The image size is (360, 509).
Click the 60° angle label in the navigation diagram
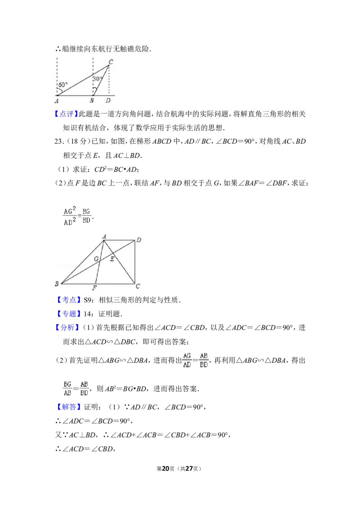(63, 85)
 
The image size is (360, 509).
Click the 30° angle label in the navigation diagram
(98, 79)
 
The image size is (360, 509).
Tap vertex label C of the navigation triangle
(111, 62)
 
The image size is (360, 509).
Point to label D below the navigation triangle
(108, 100)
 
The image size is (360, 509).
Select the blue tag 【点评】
(66, 114)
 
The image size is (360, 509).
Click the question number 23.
(59, 142)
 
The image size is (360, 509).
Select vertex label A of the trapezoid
(104, 237)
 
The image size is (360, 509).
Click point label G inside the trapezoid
(96, 259)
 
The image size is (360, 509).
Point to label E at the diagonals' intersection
(112, 259)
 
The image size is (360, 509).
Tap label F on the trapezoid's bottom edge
(94, 288)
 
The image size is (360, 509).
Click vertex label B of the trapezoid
(57, 283)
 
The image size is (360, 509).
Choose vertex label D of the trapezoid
(139, 240)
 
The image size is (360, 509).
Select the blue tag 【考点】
(66, 300)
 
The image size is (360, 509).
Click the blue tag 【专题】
(66, 314)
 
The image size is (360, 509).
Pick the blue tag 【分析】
(66, 327)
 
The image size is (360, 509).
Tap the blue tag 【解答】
(66, 407)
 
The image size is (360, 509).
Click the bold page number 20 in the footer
(166, 469)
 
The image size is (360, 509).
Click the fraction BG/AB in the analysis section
(67, 388)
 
